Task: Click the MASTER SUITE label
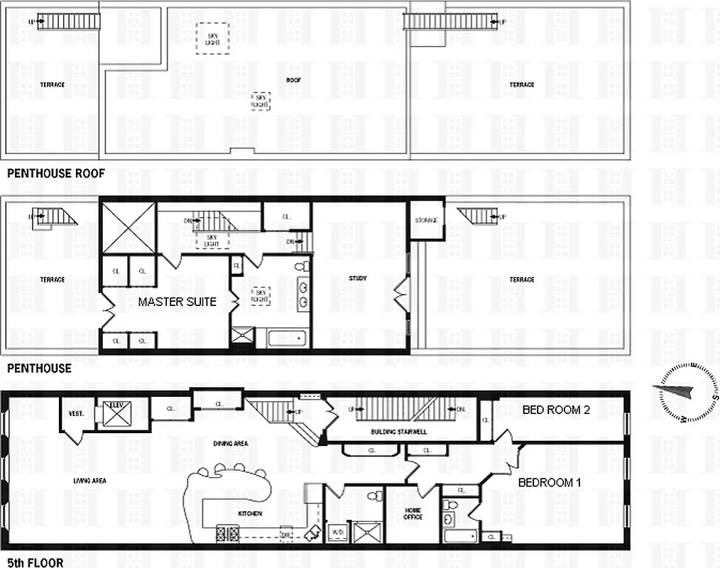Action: pyautogui.click(x=177, y=302)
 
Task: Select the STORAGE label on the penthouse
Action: pyautogui.click(x=425, y=220)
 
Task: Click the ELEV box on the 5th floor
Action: pyautogui.click(x=116, y=414)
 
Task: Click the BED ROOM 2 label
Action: pyautogui.click(x=556, y=410)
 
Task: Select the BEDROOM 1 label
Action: pyautogui.click(x=550, y=482)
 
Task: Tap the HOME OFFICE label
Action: pyautogui.click(x=413, y=513)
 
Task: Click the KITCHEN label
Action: pyautogui.click(x=250, y=513)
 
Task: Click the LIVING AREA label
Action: pyautogui.click(x=89, y=481)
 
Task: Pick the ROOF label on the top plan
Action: pyautogui.click(x=293, y=80)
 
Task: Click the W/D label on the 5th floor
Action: pyautogui.click(x=338, y=530)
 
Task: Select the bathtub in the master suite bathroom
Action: pyautogui.click(x=288, y=337)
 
